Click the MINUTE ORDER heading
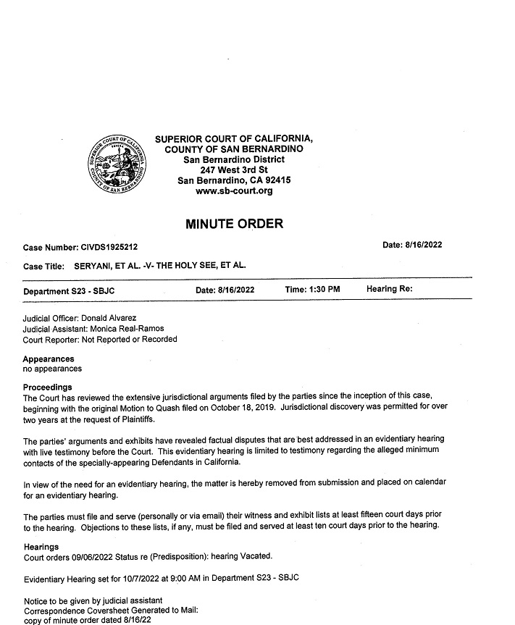[234, 224]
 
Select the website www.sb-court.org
[234, 191]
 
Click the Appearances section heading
[49, 359]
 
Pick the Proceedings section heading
[47, 387]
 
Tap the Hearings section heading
[41, 547]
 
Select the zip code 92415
[276, 180]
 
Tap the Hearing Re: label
[389, 290]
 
